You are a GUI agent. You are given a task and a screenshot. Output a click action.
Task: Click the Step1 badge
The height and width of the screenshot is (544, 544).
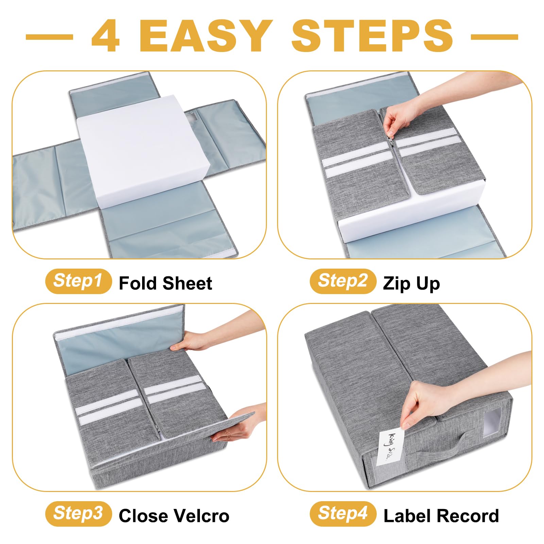(79, 281)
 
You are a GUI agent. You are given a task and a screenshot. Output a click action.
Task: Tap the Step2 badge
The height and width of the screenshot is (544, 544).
(343, 281)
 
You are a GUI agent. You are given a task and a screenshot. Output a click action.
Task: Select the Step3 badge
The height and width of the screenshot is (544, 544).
(79, 514)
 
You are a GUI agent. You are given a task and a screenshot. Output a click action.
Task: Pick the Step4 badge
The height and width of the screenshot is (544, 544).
(343, 514)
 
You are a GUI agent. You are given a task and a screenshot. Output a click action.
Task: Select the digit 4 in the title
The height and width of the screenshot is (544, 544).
(106, 36)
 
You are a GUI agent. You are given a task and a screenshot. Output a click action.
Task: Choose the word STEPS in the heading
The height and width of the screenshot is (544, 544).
(372, 36)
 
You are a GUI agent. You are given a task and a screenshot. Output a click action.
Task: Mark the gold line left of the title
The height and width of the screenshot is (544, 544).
(49, 37)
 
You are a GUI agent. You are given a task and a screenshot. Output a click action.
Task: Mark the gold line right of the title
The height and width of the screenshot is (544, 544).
(494, 37)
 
